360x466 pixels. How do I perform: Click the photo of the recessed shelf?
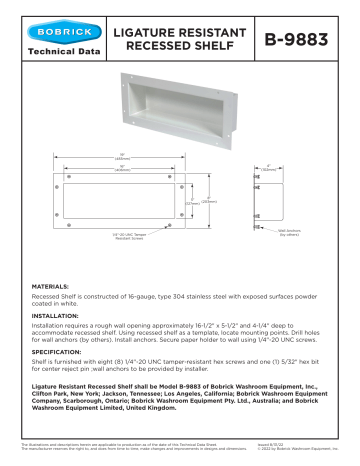180,110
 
